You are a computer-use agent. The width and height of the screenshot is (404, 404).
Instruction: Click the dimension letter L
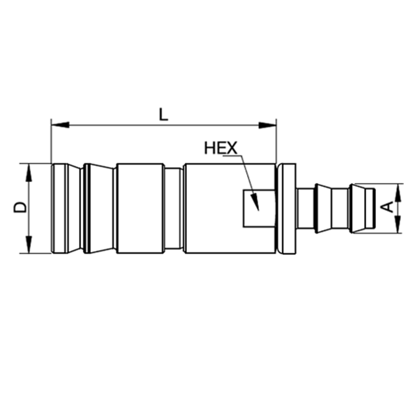(x=163, y=114)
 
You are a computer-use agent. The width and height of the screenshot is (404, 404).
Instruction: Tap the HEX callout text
(x=220, y=148)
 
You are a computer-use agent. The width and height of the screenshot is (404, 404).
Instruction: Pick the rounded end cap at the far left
(x=58, y=208)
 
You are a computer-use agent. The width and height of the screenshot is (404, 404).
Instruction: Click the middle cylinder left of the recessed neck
(x=140, y=208)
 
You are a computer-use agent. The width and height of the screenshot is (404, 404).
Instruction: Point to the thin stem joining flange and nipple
(x=306, y=208)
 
